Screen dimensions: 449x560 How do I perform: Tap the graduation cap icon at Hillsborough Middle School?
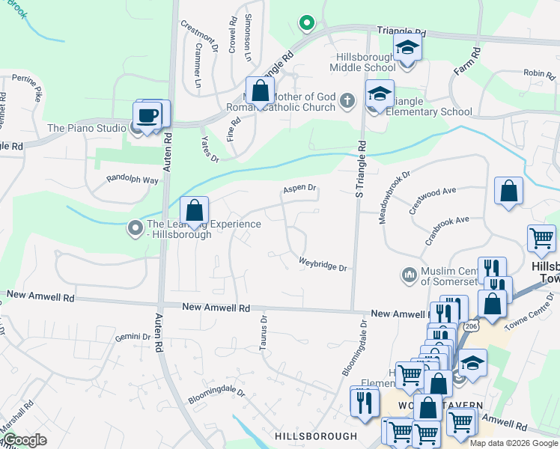tap(407, 47)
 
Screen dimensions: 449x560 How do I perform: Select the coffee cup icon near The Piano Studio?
tap(147, 115)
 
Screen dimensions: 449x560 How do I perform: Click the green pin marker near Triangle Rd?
tap(306, 22)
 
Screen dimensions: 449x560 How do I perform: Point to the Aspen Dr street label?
tap(299, 189)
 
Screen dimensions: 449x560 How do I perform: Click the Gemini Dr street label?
tap(133, 337)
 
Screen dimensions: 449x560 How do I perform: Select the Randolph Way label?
tap(133, 180)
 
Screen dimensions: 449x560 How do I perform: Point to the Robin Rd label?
tap(539, 73)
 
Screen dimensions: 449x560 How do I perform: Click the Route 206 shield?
tap(470, 326)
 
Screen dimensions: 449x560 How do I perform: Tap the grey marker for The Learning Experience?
tap(135, 226)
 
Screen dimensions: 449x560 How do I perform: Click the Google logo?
tap(26, 440)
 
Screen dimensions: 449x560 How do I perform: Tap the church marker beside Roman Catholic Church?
tap(347, 100)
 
